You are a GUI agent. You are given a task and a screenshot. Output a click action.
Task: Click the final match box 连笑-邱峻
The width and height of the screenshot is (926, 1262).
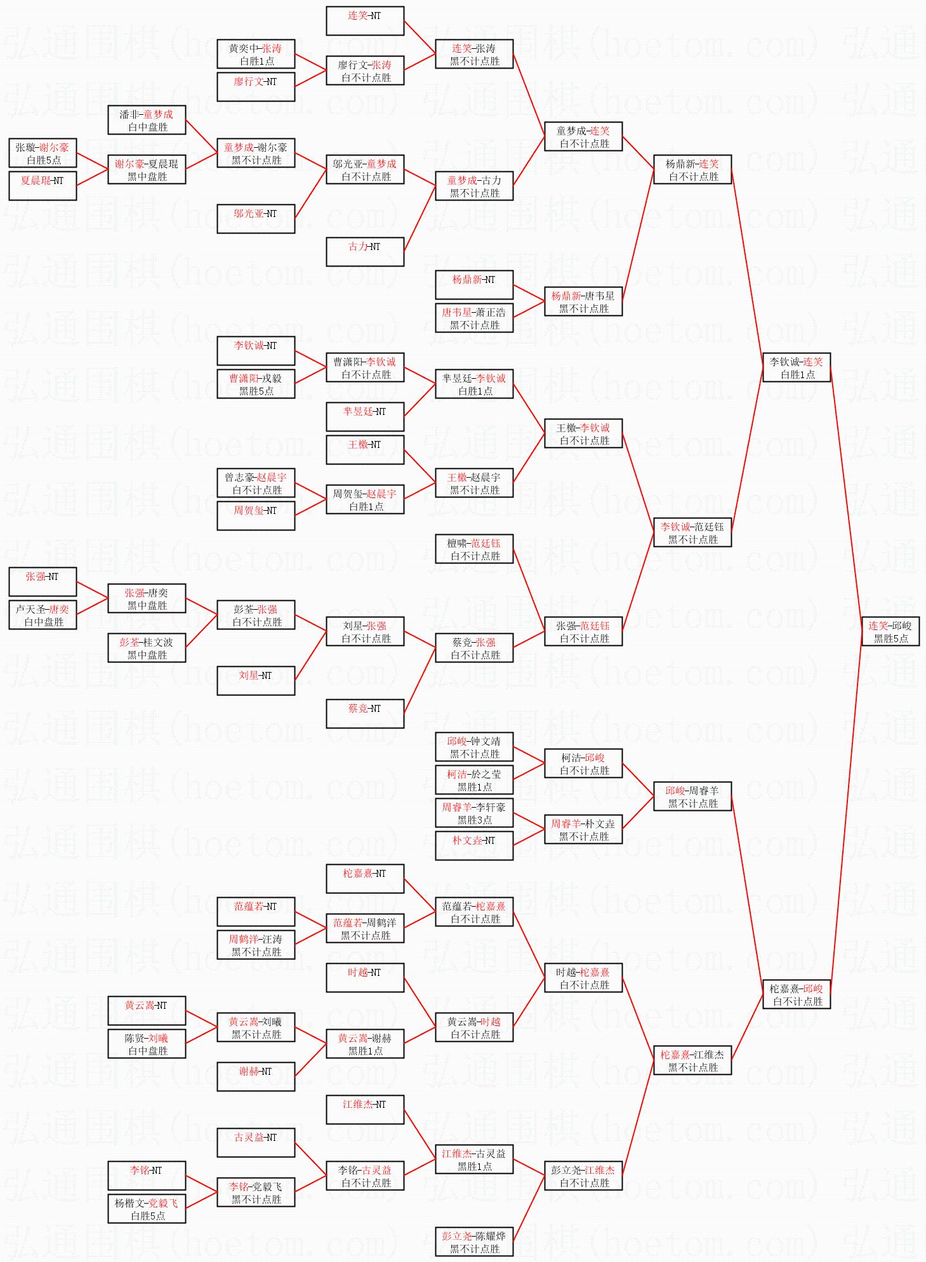890,631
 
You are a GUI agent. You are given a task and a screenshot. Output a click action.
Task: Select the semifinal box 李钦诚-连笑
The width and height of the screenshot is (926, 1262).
796,367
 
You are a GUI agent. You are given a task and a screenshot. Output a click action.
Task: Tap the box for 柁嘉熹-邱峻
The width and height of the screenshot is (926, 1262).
796,994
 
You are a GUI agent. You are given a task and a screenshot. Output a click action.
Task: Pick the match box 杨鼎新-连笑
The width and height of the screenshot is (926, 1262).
692,169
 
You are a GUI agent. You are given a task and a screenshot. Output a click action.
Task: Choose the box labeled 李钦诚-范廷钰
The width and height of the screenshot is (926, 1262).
692,532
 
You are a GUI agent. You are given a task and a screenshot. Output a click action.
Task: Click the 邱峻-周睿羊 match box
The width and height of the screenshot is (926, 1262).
692,796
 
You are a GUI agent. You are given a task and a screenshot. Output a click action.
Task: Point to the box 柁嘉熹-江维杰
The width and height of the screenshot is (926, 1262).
692,1060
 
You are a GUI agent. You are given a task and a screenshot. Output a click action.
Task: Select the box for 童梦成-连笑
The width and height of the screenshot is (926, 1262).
583,136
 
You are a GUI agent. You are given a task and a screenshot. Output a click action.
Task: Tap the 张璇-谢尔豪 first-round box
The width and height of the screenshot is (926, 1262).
43,153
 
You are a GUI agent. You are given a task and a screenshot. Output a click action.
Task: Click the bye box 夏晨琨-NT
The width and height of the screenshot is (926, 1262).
43,185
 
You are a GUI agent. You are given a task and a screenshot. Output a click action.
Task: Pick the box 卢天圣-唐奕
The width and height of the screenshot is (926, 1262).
43,615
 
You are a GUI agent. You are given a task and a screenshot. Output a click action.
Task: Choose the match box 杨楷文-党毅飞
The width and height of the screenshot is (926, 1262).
147,1209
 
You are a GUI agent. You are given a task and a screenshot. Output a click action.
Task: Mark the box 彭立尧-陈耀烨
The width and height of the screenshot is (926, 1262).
473,1242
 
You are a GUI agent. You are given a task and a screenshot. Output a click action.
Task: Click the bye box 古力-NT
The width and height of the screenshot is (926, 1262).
364,251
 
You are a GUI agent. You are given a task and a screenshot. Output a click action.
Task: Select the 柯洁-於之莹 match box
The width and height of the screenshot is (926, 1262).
473,780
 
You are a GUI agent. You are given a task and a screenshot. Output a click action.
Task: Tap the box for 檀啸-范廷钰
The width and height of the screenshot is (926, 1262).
473,549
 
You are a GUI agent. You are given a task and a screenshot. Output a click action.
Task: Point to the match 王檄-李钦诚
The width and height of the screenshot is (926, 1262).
583,433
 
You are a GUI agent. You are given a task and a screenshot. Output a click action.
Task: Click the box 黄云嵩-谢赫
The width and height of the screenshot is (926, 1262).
364,1044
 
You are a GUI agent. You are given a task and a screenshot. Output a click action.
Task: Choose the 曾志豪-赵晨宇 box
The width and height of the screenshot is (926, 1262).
256,483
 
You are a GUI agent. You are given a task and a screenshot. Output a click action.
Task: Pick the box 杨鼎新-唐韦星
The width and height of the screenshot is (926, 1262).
583,301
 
